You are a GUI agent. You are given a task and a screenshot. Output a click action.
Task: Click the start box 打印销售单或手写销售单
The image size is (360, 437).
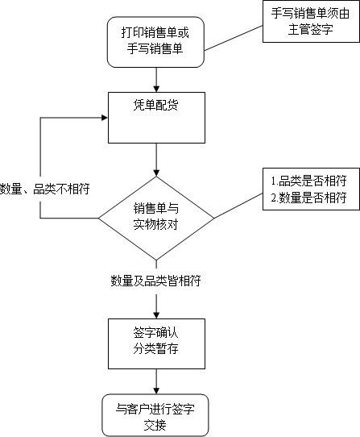click(156, 42)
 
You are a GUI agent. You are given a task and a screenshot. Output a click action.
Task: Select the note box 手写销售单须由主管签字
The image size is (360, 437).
click(311, 22)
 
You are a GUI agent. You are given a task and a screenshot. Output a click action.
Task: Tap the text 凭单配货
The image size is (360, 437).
click(155, 105)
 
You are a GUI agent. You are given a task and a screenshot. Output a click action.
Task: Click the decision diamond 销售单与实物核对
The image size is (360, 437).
click(156, 218)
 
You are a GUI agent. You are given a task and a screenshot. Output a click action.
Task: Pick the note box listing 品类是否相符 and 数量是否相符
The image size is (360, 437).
click(311, 189)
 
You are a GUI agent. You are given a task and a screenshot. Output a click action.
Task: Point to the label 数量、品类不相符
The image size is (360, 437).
click(44, 189)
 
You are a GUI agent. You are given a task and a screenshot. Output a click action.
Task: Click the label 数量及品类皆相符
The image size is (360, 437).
click(155, 281)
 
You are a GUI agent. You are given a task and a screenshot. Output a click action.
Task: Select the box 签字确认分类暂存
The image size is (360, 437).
click(156, 344)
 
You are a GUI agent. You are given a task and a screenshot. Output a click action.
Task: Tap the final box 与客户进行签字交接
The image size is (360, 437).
click(155, 415)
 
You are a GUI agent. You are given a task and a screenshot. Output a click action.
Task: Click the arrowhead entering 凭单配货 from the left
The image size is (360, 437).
click(105, 118)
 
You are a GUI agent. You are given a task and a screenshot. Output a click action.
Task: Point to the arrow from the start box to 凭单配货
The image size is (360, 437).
click(156, 80)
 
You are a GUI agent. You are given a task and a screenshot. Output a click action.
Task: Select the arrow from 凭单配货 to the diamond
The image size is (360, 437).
click(156, 160)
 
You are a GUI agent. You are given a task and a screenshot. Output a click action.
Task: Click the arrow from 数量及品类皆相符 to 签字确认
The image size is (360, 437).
click(156, 306)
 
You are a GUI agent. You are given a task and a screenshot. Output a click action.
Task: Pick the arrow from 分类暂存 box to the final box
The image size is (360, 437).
click(156, 381)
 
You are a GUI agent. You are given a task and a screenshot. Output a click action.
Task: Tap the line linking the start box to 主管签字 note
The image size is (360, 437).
click(234, 38)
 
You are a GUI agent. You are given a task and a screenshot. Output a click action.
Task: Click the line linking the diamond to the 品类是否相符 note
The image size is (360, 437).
click(238, 206)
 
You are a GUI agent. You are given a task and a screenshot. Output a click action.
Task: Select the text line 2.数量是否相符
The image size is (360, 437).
click(308, 198)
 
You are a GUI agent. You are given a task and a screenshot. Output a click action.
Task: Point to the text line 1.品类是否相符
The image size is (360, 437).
click(308, 181)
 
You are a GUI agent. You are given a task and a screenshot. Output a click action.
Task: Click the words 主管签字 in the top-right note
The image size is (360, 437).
click(310, 30)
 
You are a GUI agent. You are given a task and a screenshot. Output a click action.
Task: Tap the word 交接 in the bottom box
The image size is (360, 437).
click(155, 425)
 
